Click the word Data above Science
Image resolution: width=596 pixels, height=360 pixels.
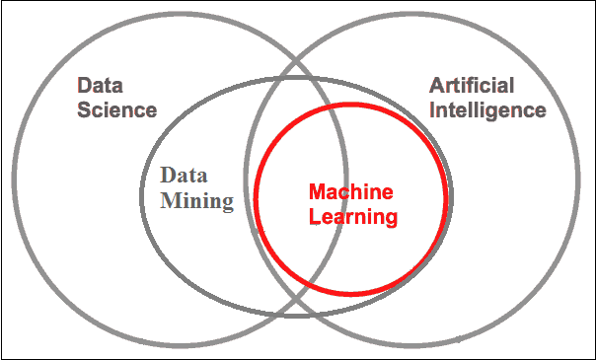[100, 86]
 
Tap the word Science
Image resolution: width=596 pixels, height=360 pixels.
[117, 110]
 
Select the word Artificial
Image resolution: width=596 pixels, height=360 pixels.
[472, 86]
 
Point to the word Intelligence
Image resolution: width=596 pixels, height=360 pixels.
[488, 110]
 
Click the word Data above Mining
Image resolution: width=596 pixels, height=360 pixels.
[184, 176]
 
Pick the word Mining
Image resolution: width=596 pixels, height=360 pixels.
[197, 202]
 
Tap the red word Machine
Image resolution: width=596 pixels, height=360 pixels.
[351, 192]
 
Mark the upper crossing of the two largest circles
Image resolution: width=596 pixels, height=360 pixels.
[296, 61]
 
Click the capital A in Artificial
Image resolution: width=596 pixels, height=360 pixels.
[437, 86]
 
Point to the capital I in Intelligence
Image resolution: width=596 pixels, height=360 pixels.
[432, 110]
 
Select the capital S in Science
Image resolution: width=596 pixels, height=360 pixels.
[85, 110]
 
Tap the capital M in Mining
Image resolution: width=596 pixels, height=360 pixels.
[171, 201]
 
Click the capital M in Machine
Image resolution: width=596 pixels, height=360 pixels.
[318, 192]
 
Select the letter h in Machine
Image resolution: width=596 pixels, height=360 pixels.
[362, 192]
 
